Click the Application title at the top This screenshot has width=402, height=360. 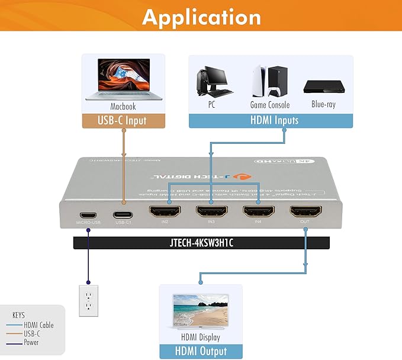click(x=201, y=18)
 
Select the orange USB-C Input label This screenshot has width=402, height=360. click(x=122, y=121)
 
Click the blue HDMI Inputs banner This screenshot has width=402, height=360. click(x=271, y=121)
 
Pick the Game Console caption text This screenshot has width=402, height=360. click(x=270, y=105)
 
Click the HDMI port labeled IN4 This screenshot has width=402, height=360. click(x=258, y=212)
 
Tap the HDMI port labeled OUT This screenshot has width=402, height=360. click(x=305, y=212)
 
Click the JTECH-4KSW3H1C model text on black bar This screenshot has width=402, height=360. click(x=201, y=243)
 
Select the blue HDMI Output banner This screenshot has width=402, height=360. click(x=201, y=351)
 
